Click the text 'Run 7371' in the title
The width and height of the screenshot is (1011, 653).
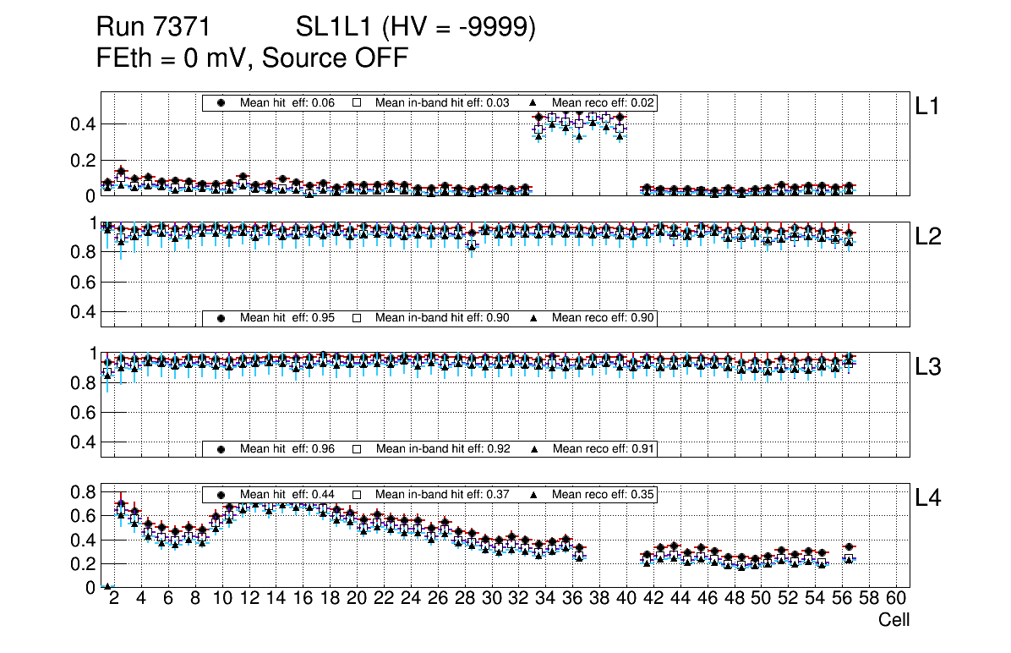point(153,28)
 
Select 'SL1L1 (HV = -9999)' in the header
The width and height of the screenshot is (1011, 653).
point(416,28)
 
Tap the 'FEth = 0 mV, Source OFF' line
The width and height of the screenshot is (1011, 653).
point(253,58)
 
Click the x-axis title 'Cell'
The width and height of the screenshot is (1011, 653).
point(894,620)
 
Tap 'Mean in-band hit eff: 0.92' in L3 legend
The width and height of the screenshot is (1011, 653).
point(443,448)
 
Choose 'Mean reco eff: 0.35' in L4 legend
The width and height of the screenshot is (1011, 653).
point(604,494)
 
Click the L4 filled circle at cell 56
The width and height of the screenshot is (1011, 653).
point(850,547)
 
